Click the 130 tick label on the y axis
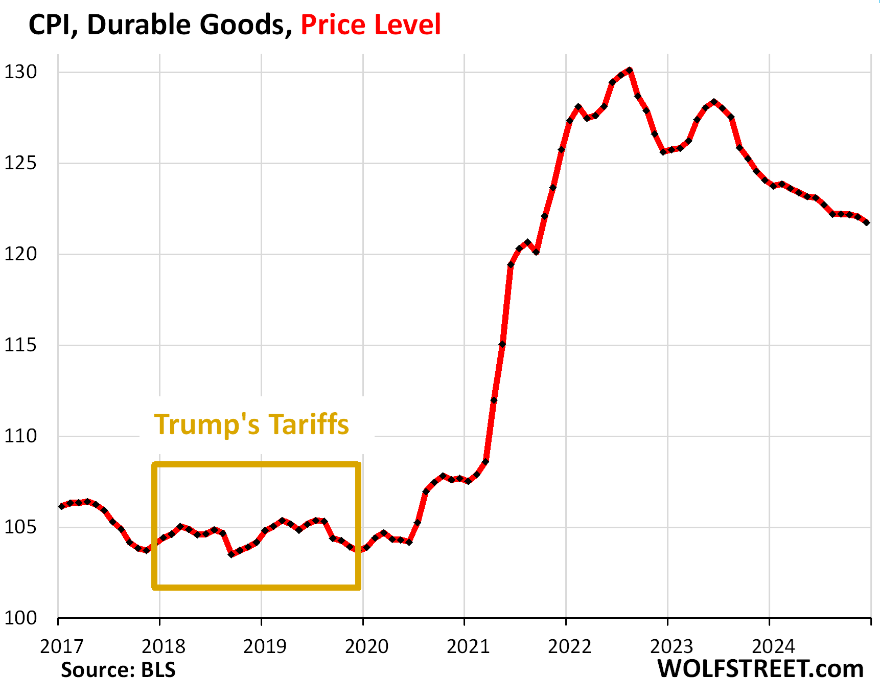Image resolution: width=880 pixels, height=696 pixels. click(20, 72)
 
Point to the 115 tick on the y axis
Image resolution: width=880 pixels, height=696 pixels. click(20, 345)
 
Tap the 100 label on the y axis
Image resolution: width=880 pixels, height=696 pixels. click(20, 618)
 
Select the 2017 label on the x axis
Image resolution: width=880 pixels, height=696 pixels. click(61, 647)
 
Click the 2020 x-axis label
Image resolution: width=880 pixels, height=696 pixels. click(366, 647)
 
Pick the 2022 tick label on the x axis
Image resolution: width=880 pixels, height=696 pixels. click(569, 647)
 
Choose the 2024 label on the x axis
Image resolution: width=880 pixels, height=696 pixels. click(773, 647)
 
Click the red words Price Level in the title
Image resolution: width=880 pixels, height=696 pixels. click(370, 25)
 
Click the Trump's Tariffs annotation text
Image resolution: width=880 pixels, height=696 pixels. click(251, 424)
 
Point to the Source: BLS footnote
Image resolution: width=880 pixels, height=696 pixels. click(118, 670)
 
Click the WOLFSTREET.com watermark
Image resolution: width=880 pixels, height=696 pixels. click(760, 669)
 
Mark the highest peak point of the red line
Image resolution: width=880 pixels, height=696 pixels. click(630, 70)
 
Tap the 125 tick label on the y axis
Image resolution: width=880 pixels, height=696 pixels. click(20, 163)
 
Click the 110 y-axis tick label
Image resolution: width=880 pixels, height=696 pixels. click(20, 436)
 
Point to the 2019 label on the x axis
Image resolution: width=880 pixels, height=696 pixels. click(265, 647)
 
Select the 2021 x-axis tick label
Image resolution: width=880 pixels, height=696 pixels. click(468, 647)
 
